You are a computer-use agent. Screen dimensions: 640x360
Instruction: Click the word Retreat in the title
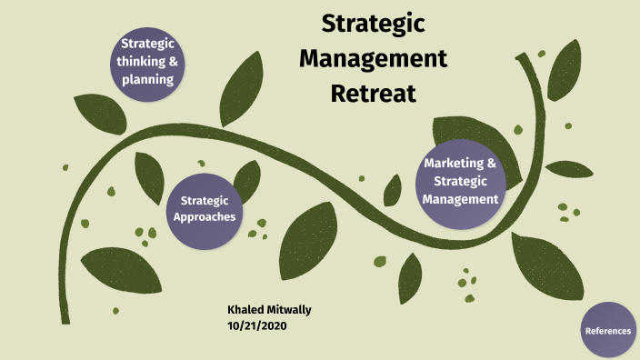tap(373, 93)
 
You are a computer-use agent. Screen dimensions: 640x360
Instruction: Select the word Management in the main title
tap(374, 59)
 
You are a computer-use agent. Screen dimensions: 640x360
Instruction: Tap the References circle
tap(608, 331)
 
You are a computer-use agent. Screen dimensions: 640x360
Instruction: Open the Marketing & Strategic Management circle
tap(460, 181)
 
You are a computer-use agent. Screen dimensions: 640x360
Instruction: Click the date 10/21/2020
tap(259, 325)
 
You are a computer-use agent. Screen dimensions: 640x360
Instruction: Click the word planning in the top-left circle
tap(147, 79)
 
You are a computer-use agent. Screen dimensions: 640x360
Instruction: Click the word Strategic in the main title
tap(374, 25)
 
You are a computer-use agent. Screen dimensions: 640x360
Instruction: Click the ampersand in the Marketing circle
tap(492, 165)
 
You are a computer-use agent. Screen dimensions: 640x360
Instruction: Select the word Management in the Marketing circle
tap(461, 198)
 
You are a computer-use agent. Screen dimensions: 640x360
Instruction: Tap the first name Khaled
tap(244, 310)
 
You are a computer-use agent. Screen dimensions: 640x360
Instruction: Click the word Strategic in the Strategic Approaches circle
tap(205, 200)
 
